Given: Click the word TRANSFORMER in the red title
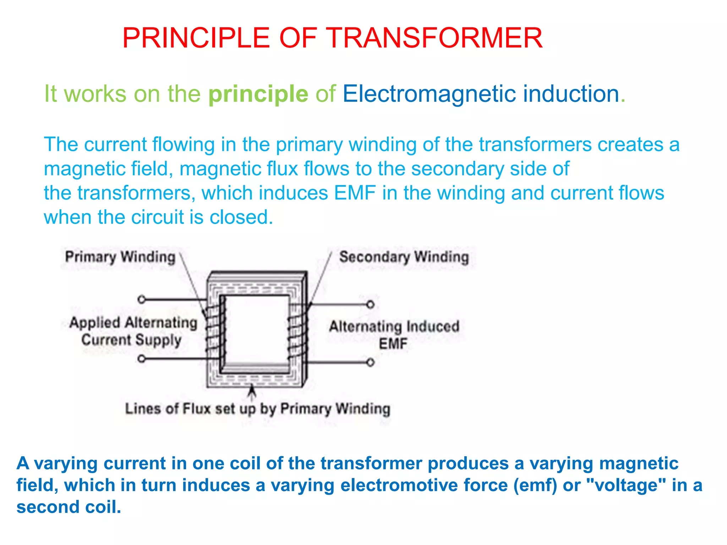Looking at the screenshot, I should point(434,38).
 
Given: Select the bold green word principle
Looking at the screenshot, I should point(258,94).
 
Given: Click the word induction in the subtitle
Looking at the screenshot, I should point(571,94).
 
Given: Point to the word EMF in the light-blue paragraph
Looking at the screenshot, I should point(355,193).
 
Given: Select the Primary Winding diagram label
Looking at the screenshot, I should point(120,257).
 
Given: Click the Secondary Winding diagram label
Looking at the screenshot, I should point(404,257).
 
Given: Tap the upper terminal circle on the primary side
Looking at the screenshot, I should point(141,299).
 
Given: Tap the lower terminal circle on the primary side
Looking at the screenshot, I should point(141,359).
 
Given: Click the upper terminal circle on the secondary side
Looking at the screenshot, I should point(370,304).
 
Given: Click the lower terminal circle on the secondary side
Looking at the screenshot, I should point(370,362).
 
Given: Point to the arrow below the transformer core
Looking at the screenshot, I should point(252,392).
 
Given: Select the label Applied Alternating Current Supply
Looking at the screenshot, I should point(133,331).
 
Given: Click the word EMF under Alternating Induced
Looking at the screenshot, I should point(393,344).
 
